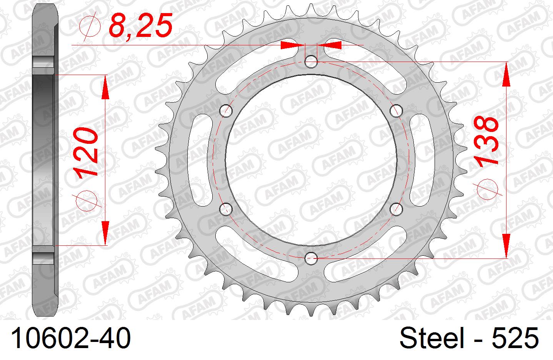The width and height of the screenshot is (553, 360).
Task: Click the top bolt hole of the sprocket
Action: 311,61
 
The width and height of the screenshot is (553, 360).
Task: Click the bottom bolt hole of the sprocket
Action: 311,257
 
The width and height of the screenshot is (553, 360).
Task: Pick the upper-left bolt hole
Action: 226,111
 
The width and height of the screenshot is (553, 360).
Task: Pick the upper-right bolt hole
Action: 396,111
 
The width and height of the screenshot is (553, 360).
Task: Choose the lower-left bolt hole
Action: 226,208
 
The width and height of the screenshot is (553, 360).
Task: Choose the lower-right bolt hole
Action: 396,208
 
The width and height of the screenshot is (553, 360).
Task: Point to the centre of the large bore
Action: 311,159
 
